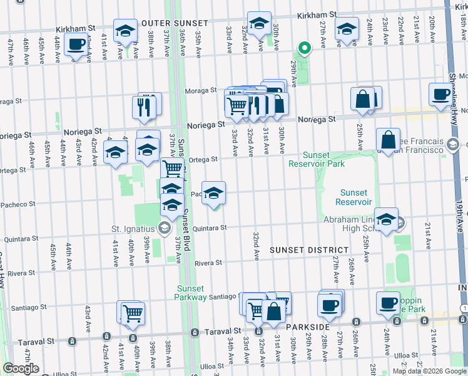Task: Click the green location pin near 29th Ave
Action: (x=304, y=48)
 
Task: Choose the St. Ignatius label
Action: (x=133, y=227)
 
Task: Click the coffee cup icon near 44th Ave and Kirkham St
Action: (x=76, y=45)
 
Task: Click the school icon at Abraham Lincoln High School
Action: (x=386, y=219)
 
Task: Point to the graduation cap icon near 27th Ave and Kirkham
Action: (x=346, y=29)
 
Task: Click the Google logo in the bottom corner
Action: (x=21, y=368)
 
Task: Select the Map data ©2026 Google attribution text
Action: (x=429, y=371)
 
